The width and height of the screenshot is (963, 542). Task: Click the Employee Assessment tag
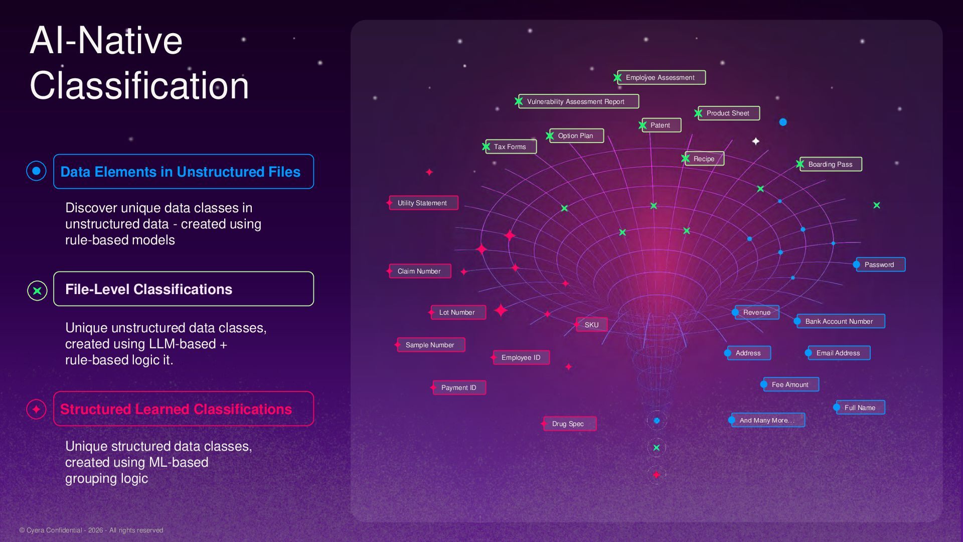point(661,77)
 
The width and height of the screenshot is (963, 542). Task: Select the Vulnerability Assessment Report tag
point(578,101)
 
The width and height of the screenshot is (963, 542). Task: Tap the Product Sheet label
point(728,113)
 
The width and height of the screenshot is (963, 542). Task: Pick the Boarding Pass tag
point(831,164)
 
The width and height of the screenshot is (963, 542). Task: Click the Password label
point(880,264)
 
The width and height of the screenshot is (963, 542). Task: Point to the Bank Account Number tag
point(841,321)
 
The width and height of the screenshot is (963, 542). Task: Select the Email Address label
point(839,353)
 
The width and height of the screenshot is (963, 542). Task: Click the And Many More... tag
point(768,420)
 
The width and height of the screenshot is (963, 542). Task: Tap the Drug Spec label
point(570,424)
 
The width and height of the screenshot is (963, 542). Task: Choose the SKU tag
point(591,325)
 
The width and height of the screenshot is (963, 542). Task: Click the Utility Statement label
point(423,203)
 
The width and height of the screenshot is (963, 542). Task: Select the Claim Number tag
point(420,271)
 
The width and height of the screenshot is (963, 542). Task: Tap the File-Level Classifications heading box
point(184,289)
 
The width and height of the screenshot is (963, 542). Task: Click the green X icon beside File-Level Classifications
point(37,291)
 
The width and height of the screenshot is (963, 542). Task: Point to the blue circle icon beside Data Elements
point(36,171)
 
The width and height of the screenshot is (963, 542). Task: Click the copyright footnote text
point(91,530)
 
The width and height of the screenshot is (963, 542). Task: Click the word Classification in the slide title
point(139,86)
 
